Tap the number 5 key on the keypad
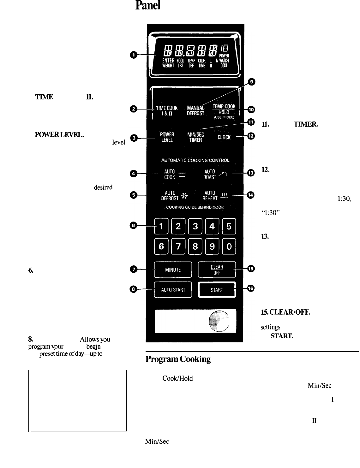tap(229, 227)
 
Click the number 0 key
tap(229, 246)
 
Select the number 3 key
tap(195, 227)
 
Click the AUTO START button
tap(173, 290)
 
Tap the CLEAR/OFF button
tap(217, 270)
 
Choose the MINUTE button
tap(173, 270)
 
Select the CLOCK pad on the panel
tap(224, 137)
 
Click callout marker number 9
tap(251, 81)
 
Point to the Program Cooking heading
tap(178, 359)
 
